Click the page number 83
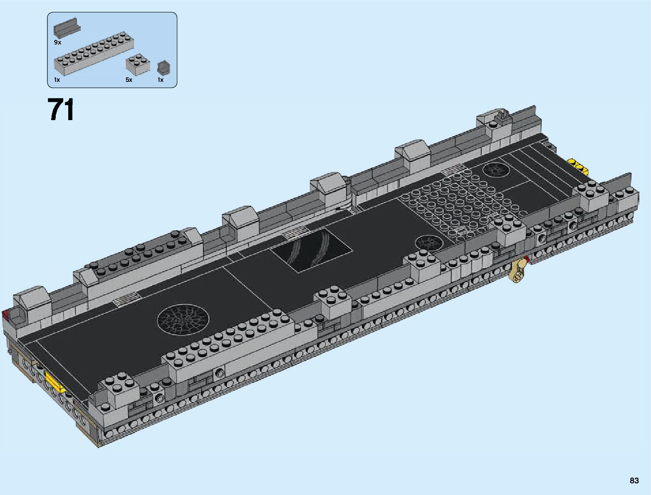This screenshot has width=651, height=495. (634, 480)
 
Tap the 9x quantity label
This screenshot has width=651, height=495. (57, 42)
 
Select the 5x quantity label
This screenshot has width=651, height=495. (129, 80)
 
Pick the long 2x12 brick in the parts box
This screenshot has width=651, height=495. (94, 54)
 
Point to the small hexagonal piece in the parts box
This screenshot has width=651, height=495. (163, 69)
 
